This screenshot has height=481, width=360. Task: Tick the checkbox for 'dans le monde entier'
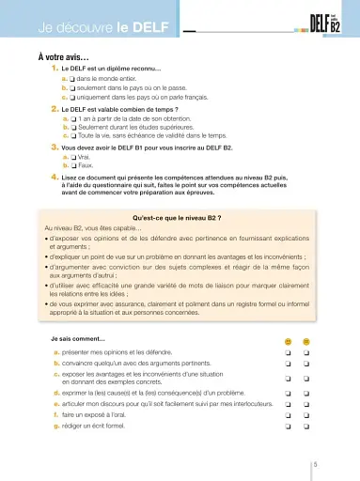point(73,81)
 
